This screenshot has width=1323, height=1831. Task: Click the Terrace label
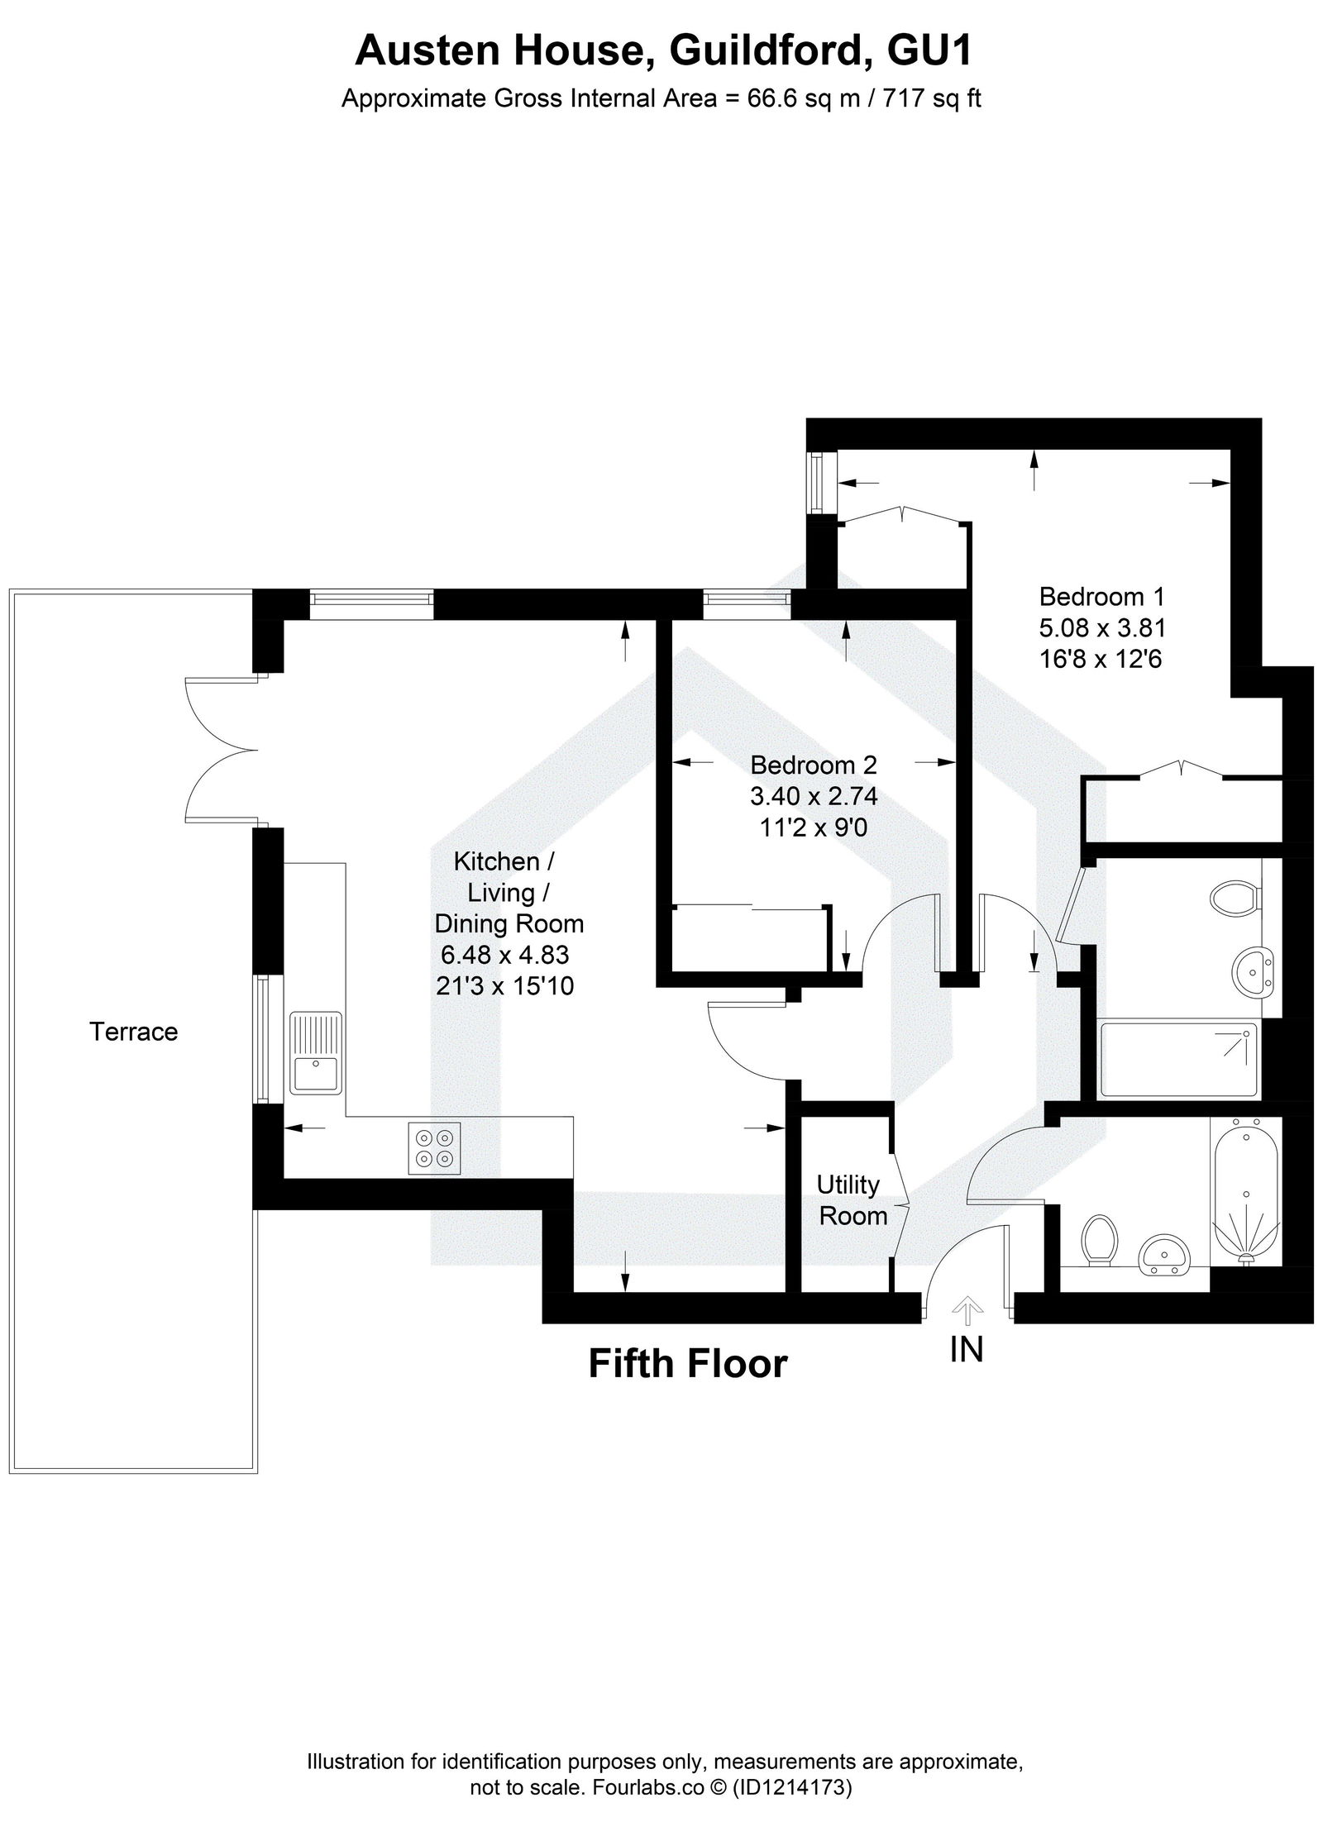coord(133,1032)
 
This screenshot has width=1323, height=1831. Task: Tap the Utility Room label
coord(852,1200)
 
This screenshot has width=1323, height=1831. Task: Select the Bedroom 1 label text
coord(1101,596)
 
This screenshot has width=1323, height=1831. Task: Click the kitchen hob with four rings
coord(435,1149)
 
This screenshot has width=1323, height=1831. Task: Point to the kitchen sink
coord(316,1052)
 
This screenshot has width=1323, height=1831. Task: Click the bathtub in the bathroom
coord(1244,1191)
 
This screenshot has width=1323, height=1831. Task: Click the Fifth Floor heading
coord(687,1363)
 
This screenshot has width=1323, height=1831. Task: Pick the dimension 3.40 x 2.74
coord(813,796)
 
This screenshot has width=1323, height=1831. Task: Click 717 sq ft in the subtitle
coord(932,99)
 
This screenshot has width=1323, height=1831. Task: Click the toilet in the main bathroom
coord(1100,1239)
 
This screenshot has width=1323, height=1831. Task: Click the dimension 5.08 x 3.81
coord(1101,628)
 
